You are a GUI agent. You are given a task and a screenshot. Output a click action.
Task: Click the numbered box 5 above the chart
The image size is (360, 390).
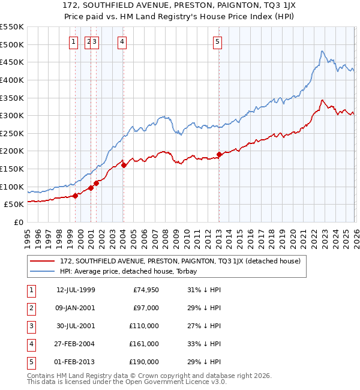217,41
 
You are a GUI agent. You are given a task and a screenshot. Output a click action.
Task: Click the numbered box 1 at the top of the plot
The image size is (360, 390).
73,41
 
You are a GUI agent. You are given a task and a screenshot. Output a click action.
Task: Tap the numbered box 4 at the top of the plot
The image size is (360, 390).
122,41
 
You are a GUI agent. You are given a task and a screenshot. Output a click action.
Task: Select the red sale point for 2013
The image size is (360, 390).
219,154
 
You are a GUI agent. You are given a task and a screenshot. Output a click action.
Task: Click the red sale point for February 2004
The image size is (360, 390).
124,165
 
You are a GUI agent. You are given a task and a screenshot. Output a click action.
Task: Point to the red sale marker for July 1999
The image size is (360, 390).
75,196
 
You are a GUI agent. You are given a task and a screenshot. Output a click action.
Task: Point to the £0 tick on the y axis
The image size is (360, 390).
19,222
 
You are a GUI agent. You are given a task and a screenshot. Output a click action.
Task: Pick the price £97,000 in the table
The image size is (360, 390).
146,308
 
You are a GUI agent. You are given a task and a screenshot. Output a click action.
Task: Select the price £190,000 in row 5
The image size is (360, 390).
144,362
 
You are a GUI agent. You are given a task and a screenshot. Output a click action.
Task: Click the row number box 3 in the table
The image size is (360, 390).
30,326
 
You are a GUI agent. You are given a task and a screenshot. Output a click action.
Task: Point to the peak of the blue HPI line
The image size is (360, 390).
322,51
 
